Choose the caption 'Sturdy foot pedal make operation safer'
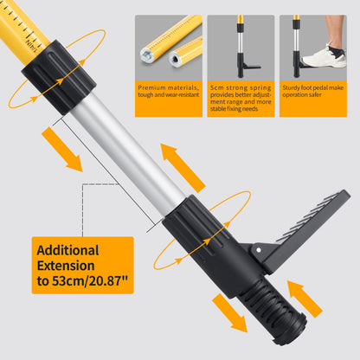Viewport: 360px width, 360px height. click(x=312, y=93)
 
